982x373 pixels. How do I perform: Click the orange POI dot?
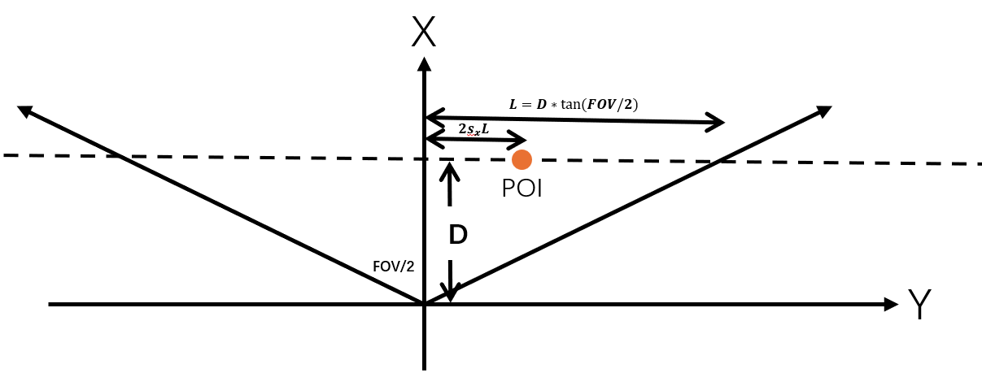(522, 159)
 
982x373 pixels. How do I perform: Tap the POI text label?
(522, 189)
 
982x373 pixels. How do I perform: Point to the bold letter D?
(458, 236)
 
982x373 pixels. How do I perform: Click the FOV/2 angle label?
(393, 266)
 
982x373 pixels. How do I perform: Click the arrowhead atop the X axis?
(424, 63)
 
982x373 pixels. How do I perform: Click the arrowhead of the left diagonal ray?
(24, 111)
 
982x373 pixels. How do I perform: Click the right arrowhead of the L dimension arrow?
(718, 123)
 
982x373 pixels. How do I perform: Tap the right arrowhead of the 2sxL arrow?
(520, 140)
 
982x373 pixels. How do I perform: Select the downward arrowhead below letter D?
(451, 293)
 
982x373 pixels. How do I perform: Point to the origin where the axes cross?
(424, 304)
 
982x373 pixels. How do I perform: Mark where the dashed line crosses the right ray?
(720, 161)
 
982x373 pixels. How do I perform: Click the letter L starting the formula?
(513, 104)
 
